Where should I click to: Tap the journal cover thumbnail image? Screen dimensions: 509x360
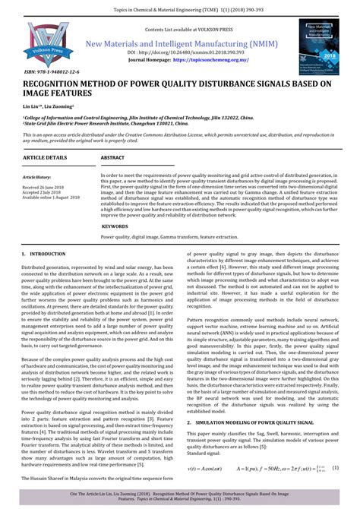click(317, 46)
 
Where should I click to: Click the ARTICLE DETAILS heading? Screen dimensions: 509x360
click(45, 157)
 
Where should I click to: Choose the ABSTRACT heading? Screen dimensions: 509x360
click(113, 157)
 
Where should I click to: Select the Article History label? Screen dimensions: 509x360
click(37, 177)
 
